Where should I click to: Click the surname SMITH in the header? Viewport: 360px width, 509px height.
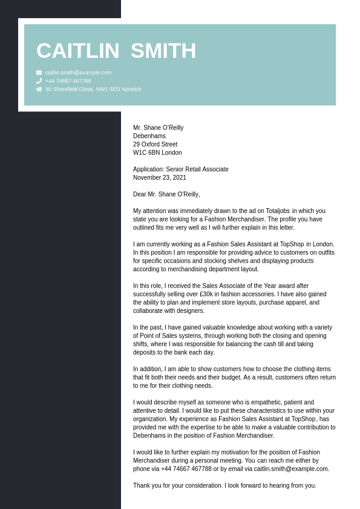163,51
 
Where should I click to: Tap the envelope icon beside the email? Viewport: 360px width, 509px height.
39,73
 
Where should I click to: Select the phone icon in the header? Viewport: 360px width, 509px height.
39,80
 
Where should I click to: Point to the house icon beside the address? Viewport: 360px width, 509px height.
39,89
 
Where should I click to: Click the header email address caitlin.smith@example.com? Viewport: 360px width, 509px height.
78,73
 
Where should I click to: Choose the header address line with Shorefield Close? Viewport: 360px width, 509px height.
93,89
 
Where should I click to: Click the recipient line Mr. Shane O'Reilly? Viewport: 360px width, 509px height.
158,128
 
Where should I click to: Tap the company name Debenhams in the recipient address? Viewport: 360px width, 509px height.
149,136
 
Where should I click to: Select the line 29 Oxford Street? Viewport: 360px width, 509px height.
155,145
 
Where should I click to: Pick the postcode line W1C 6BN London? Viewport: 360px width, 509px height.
157,153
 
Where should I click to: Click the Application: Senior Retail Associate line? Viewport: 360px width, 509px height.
181,169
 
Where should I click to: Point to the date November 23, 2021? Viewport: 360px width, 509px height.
160,178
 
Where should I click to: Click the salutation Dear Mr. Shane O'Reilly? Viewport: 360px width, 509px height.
166,194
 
